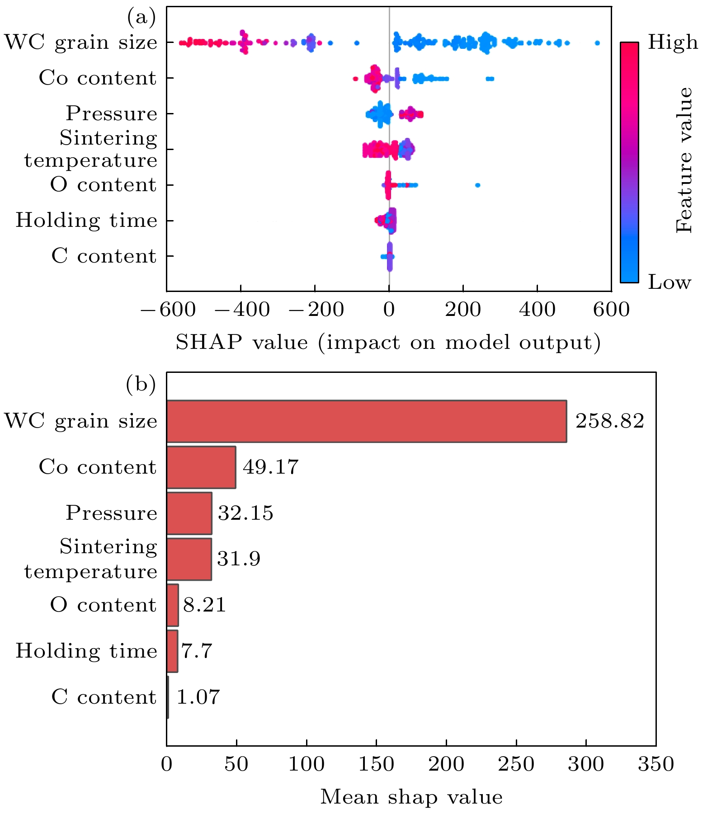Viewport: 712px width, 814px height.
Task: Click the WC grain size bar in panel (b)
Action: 366,421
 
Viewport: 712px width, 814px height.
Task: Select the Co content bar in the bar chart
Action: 201,467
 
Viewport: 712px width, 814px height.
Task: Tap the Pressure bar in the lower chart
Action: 189,513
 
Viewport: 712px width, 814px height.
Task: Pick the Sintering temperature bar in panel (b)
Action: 189,559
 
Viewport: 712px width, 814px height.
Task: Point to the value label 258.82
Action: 609,421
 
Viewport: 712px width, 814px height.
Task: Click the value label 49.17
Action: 270,467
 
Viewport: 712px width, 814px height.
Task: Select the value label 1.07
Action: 198,697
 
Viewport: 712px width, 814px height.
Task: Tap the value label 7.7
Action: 197,651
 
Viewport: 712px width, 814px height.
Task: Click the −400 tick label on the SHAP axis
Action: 241,310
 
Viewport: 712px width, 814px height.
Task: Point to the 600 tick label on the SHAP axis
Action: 611,310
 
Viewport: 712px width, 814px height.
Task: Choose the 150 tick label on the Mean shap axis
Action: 376,764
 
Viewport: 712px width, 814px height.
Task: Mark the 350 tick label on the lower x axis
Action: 655,764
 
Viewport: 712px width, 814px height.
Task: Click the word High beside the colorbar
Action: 673,42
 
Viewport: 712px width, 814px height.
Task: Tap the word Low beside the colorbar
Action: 670,282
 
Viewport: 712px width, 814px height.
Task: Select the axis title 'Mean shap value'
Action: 411,797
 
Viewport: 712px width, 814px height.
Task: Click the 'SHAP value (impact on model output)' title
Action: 388,342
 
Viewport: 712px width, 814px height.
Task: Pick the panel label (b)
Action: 141,384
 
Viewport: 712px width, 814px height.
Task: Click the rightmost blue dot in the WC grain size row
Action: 597,43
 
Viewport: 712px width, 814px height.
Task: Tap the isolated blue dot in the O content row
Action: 477,185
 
